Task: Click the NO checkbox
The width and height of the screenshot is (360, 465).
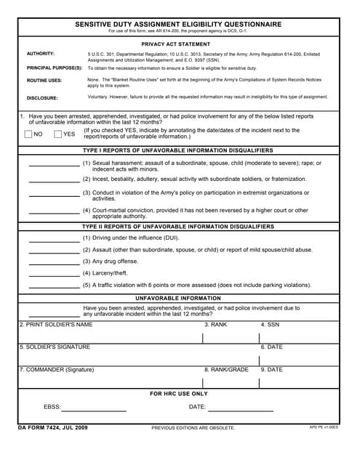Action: tap(28, 134)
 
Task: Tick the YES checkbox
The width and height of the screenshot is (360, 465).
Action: tap(58, 134)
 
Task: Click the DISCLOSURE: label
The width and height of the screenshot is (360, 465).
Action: tap(42, 97)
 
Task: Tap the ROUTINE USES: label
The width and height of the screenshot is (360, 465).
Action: tap(44, 81)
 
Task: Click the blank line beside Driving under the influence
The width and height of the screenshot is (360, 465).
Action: tap(54, 240)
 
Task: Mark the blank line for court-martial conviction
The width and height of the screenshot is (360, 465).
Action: tap(54, 214)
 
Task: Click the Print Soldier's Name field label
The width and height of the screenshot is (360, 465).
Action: tap(56, 325)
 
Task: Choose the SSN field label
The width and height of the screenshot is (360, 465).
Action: tap(270, 325)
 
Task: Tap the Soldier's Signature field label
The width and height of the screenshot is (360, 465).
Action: tap(55, 347)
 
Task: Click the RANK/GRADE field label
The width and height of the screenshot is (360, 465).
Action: tap(226, 370)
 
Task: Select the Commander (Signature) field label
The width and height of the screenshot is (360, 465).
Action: tap(57, 370)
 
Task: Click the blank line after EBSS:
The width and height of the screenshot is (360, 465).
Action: tap(95, 411)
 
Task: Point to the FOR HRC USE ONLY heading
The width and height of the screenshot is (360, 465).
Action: tap(179, 394)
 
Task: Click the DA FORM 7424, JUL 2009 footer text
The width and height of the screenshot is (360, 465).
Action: tap(53, 427)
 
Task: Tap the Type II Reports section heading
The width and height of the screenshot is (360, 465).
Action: tap(179, 227)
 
